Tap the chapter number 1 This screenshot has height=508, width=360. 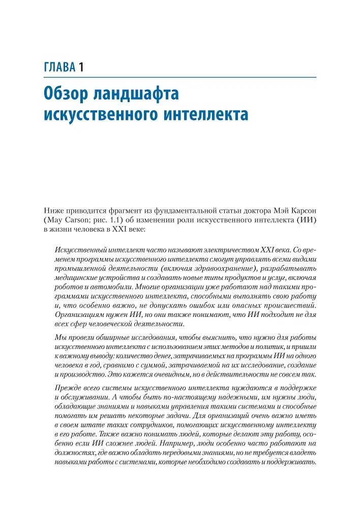tap(81, 67)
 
